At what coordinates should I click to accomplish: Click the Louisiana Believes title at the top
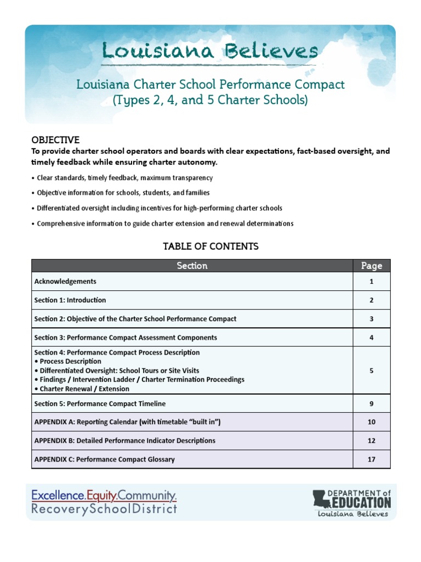[210, 52]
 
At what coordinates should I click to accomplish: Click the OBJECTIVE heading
[55, 140]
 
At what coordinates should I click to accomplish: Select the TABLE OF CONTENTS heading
[210, 246]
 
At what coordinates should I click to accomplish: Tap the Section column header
[192, 266]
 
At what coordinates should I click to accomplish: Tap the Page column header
[371, 266]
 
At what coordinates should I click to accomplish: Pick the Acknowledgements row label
[65, 282]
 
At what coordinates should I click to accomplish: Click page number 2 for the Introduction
[371, 300]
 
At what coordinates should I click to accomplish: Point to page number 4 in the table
[371, 338]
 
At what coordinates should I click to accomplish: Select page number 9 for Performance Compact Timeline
[371, 403]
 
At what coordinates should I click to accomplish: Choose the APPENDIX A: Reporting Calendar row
[127, 422]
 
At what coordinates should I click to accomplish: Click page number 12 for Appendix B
[371, 441]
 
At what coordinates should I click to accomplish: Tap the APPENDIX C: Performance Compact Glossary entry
[104, 459]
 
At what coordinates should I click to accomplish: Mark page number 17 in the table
[371, 459]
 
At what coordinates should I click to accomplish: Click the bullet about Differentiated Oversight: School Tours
[117, 370]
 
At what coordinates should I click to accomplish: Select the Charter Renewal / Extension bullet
[82, 389]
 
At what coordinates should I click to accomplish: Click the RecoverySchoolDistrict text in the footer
[104, 509]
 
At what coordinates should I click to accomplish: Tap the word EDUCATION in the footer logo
[359, 502]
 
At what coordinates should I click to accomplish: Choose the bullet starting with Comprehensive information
[165, 223]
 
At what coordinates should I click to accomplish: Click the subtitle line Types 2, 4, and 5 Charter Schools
[210, 100]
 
